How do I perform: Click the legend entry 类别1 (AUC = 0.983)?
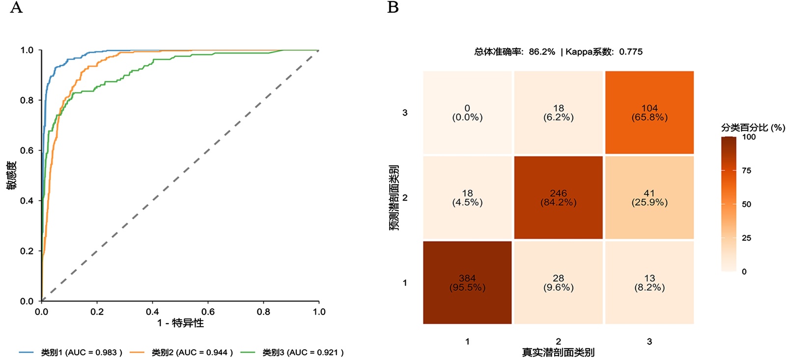tap(81, 352)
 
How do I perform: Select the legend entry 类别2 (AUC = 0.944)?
tap(192, 352)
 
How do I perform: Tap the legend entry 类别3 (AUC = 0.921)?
tap(303, 352)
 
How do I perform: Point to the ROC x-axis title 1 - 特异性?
tap(180, 323)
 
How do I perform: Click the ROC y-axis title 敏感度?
tap(11, 175)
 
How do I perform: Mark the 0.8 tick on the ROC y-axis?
tap(27, 100)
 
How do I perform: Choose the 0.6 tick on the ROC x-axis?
tap(208, 311)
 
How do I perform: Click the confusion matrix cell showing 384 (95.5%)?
tap(467, 282)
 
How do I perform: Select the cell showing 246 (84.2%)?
tap(558, 197)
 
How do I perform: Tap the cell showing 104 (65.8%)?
tap(649, 112)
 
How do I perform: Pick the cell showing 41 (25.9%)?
tap(649, 197)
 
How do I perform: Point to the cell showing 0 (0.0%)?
tap(467, 112)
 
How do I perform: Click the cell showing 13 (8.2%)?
tap(649, 282)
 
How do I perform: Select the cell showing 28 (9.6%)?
tap(558, 282)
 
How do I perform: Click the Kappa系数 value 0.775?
tap(631, 52)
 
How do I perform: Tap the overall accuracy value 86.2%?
tap(542, 52)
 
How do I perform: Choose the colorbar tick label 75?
tap(746, 170)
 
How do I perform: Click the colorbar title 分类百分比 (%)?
tap(753, 128)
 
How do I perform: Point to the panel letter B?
tap(393, 7)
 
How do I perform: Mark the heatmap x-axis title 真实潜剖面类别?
tap(558, 352)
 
